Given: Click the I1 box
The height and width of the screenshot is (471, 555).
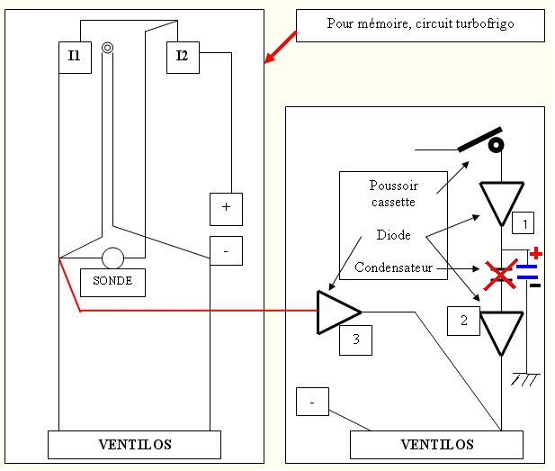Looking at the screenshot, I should pyautogui.click(x=75, y=57).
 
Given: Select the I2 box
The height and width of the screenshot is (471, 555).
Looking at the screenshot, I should pyautogui.click(x=183, y=57).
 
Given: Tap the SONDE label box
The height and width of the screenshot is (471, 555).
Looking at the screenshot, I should pyautogui.click(x=112, y=282).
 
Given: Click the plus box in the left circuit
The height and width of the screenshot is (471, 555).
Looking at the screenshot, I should pyautogui.click(x=226, y=208).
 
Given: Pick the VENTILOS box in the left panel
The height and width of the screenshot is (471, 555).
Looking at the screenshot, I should pyautogui.click(x=134, y=445).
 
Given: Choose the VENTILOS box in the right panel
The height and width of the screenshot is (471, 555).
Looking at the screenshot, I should pyautogui.click(x=435, y=445).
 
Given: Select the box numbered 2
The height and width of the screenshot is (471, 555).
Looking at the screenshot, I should pyautogui.click(x=463, y=321).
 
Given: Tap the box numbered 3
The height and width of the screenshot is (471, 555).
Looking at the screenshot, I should pyautogui.click(x=355, y=339).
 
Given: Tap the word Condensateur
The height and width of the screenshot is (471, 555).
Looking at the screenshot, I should pyautogui.click(x=393, y=268).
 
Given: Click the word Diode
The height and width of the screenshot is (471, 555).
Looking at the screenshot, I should pyautogui.click(x=394, y=235).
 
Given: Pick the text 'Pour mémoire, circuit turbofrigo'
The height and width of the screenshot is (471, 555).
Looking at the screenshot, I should pyautogui.click(x=419, y=23).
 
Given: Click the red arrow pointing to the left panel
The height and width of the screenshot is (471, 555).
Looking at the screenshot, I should pyautogui.click(x=281, y=48).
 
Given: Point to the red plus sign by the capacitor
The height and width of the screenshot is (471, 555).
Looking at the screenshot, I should pyautogui.click(x=536, y=254).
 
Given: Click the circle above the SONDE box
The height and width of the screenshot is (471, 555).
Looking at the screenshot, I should pyautogui.click(x=112, y=258).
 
